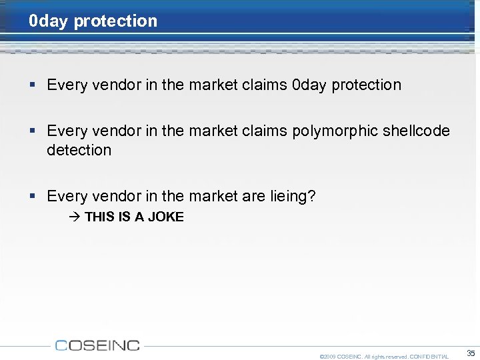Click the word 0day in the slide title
tap(49, 21)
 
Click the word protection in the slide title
tap(115, 21)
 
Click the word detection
tap(79, 150)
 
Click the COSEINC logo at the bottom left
tap(97, 345)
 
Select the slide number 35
tap(471, 353)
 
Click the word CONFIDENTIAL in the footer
tap(429, 357)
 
